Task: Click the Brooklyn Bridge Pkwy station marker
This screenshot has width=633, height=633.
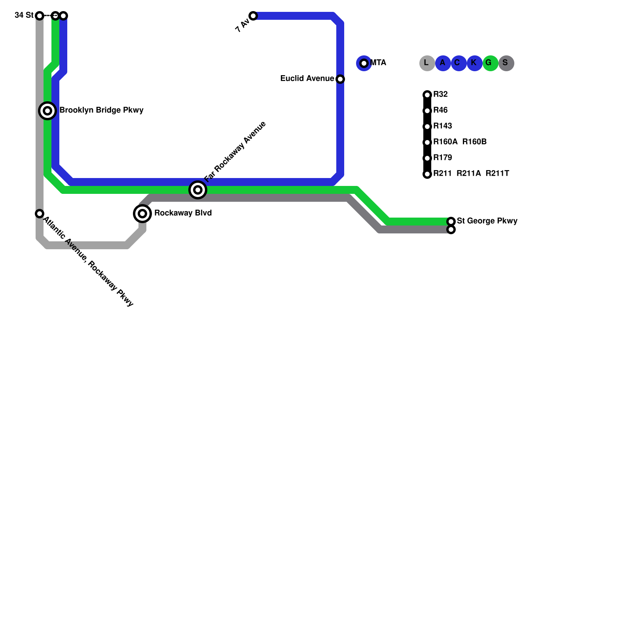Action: pos(47,111)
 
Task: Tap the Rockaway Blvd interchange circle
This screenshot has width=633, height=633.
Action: pos(142,214)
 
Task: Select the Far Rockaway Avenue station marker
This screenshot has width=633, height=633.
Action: pos(198,190)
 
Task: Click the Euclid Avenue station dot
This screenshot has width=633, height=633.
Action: pos(340,79)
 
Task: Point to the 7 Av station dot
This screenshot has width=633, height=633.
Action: pos(253,16)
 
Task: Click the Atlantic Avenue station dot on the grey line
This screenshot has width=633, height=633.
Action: pos(40,214)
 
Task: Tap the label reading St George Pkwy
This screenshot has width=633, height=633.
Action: pos(487,221)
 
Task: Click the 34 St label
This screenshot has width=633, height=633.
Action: pos(24,15)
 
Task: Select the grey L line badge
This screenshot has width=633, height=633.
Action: pos(427,63)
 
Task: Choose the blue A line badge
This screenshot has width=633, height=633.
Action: pos(443,63)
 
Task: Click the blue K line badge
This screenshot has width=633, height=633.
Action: pos(474,63)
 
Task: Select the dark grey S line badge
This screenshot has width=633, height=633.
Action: pos(506,63)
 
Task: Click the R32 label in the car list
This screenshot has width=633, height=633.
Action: pos(440,95)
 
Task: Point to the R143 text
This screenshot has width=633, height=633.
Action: pos(442,126)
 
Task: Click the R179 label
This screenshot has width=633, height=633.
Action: pos(442,158)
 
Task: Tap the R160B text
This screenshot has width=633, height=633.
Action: pos(474,142)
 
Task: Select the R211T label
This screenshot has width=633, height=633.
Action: pos(497,174)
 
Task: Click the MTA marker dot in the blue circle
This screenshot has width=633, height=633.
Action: pos(364,63)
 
